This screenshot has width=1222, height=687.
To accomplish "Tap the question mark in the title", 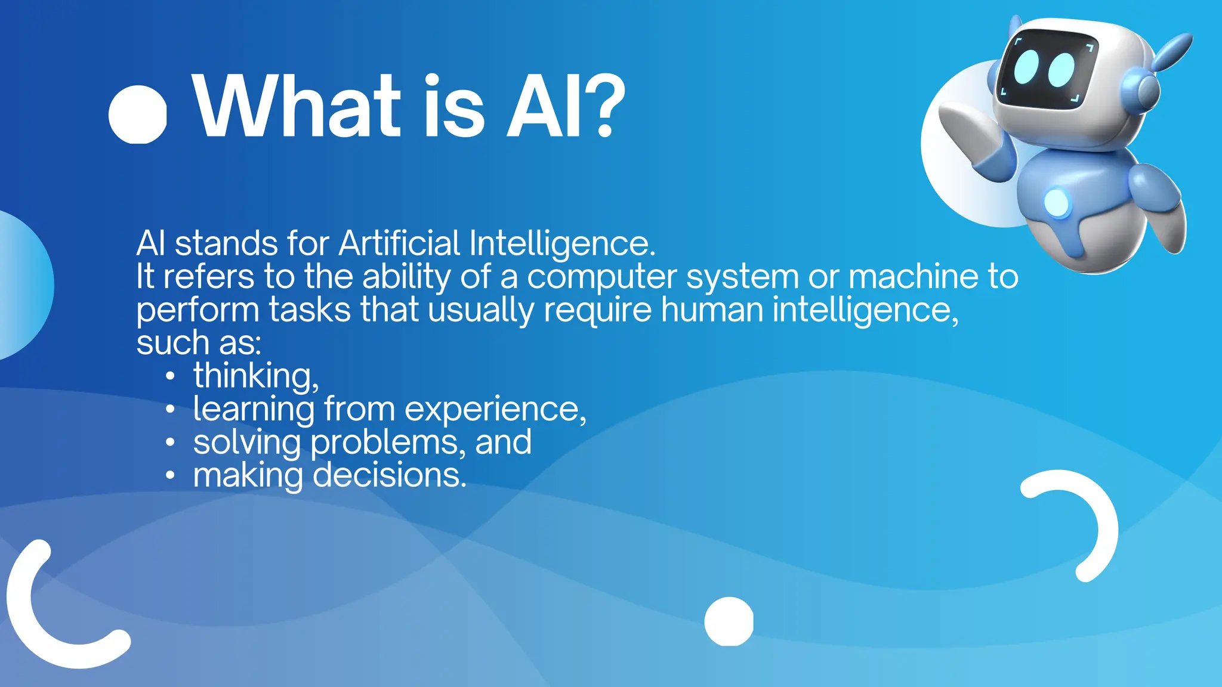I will (x=604, y=106).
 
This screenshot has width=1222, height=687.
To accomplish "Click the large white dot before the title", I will (x=137, y=114).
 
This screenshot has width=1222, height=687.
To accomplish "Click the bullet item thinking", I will (x=255, y=376).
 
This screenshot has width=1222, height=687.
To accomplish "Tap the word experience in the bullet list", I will (x=495, y=410).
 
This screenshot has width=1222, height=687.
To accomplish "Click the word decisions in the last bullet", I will (x=389, y=476).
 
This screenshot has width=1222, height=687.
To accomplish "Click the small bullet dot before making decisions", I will (x=171, y=476).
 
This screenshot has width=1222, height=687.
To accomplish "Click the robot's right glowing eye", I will (x=1061, y=70).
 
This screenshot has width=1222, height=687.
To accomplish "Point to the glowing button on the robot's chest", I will (x=1057, y=203).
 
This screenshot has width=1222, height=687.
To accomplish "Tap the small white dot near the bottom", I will (x=729, y=621).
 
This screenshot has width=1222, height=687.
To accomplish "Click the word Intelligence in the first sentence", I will (x=562, y=243).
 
